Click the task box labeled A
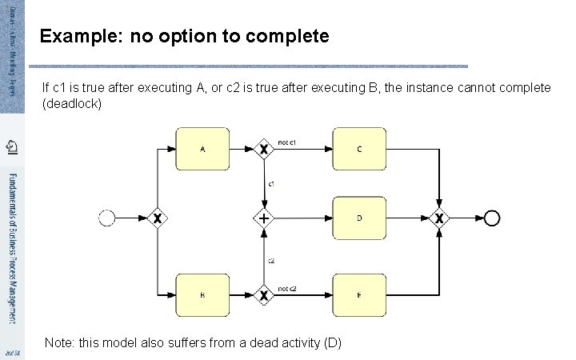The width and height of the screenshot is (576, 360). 202,149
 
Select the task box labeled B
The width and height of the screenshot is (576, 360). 202,294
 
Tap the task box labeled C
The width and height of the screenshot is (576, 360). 359,149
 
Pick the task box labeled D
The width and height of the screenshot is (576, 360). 359,218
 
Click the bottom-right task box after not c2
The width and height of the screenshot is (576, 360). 359,294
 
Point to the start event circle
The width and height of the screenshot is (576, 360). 106,218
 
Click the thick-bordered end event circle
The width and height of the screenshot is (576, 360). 491,218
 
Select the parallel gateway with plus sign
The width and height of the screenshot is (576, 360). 264,218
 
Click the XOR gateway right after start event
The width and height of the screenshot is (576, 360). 158,218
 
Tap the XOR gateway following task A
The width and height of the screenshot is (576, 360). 264,149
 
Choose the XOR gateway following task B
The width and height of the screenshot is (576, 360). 264,294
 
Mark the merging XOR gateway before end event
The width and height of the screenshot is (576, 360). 438,218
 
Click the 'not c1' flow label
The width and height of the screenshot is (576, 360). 287,142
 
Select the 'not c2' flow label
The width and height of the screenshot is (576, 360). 287,288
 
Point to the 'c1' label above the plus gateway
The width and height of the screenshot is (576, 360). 271,184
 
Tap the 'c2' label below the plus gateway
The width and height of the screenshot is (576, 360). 271,260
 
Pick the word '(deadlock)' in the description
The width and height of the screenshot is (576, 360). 72,104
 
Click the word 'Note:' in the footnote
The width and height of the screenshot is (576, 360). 61,342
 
